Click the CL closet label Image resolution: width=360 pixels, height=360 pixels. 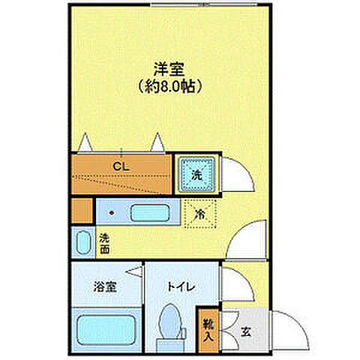click(120, 166)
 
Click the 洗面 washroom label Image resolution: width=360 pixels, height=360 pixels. click(104, 242)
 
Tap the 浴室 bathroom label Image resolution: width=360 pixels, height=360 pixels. click(104, 286)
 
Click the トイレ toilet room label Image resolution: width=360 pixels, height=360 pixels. click(181, 286)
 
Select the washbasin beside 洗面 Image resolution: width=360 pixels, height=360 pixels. click(82, 242)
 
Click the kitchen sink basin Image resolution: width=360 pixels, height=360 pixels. click(150, 211)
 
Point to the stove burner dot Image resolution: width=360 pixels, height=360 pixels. click(112, 212)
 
